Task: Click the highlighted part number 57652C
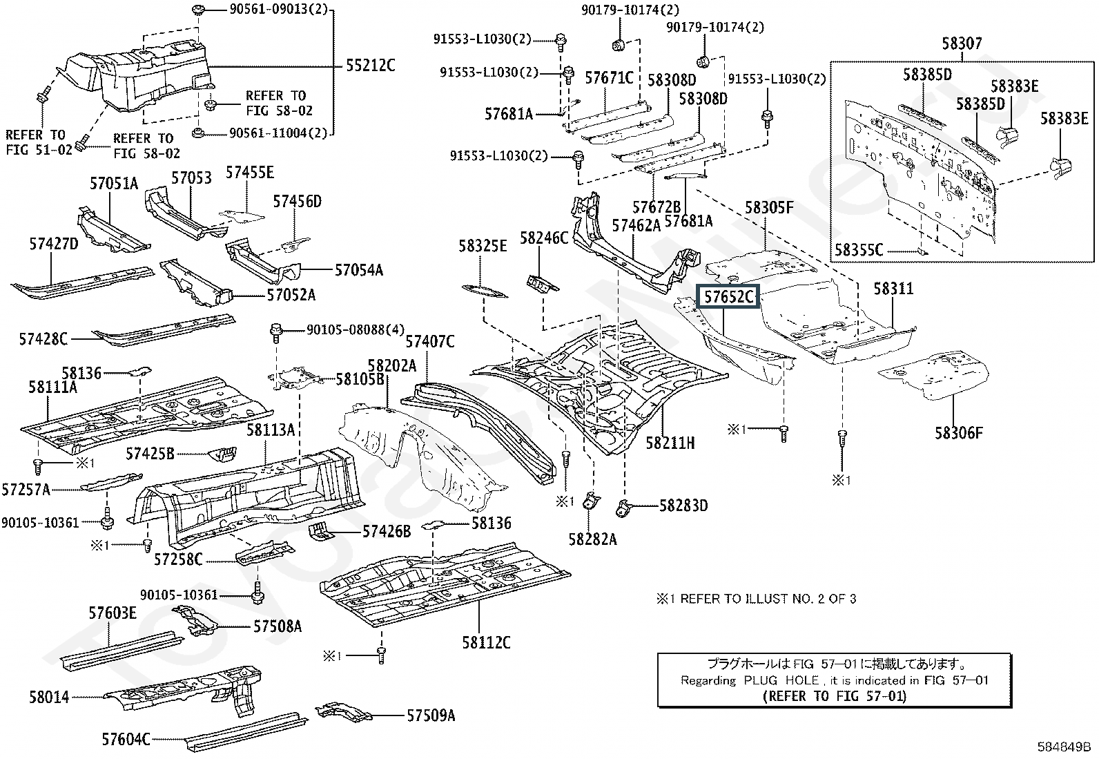coord(728,298)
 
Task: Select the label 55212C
coord(370,66)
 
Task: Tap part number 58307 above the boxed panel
coord(962,44)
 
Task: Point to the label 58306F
coord(959,433)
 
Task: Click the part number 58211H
coord(670,443)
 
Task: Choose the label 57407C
coord(430,341)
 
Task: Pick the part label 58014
coord(49,697)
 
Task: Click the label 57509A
coord(431,715)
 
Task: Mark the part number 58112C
coord(486,642)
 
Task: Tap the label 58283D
coord(683,506)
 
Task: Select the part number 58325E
coord(483,246)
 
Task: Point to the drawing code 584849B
coord(1063,746)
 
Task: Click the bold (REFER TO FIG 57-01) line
coord(834,695)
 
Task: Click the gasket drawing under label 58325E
coord(484,292)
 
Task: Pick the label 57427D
coord(54,244)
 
